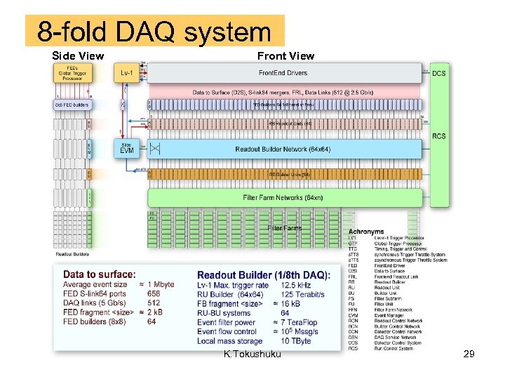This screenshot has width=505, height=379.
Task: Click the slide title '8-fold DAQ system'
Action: point(154,32)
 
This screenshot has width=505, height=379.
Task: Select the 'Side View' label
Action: point(78,55)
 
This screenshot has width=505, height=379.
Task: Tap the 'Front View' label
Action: point(285,55)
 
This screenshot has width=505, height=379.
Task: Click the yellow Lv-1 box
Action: point(127,73)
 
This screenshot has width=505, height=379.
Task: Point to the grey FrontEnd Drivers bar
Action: point(283,73)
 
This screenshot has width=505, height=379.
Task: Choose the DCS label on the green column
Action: point(438,73)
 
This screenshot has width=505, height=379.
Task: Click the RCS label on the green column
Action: point(439,136)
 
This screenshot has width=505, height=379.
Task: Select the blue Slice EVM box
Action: point(126,148)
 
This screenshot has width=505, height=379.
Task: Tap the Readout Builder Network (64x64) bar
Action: point(283,149)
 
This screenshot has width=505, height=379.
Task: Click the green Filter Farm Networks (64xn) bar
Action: point(283,198)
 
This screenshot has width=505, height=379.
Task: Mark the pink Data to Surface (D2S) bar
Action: point(284,91)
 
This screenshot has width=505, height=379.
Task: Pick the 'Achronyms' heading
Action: point(366,232)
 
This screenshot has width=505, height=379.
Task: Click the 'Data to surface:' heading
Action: point(99,274)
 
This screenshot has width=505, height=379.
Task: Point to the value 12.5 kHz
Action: point(298,285)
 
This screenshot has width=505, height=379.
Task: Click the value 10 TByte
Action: point(295,341)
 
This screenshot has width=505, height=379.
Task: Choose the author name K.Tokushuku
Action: point(252,354)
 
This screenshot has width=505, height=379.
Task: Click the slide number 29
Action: point(469,354)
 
